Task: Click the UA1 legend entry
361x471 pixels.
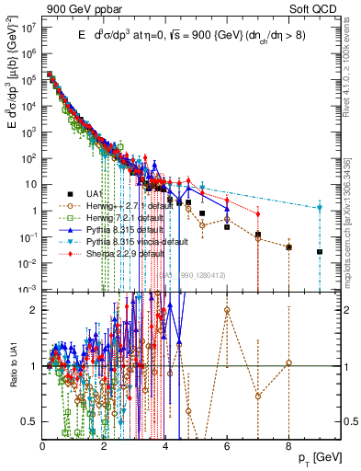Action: pyautogui.click(x=93, y=193)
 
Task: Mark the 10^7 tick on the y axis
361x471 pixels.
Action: pyautogui.click(x=30, y=28)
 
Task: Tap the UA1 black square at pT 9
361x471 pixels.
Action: pyautogui.click(x=320, y=251)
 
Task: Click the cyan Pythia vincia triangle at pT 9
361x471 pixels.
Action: pyautogui.click(x=320, y=208)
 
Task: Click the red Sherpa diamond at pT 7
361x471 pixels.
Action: pyautogui.click(x=258, y=214)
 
